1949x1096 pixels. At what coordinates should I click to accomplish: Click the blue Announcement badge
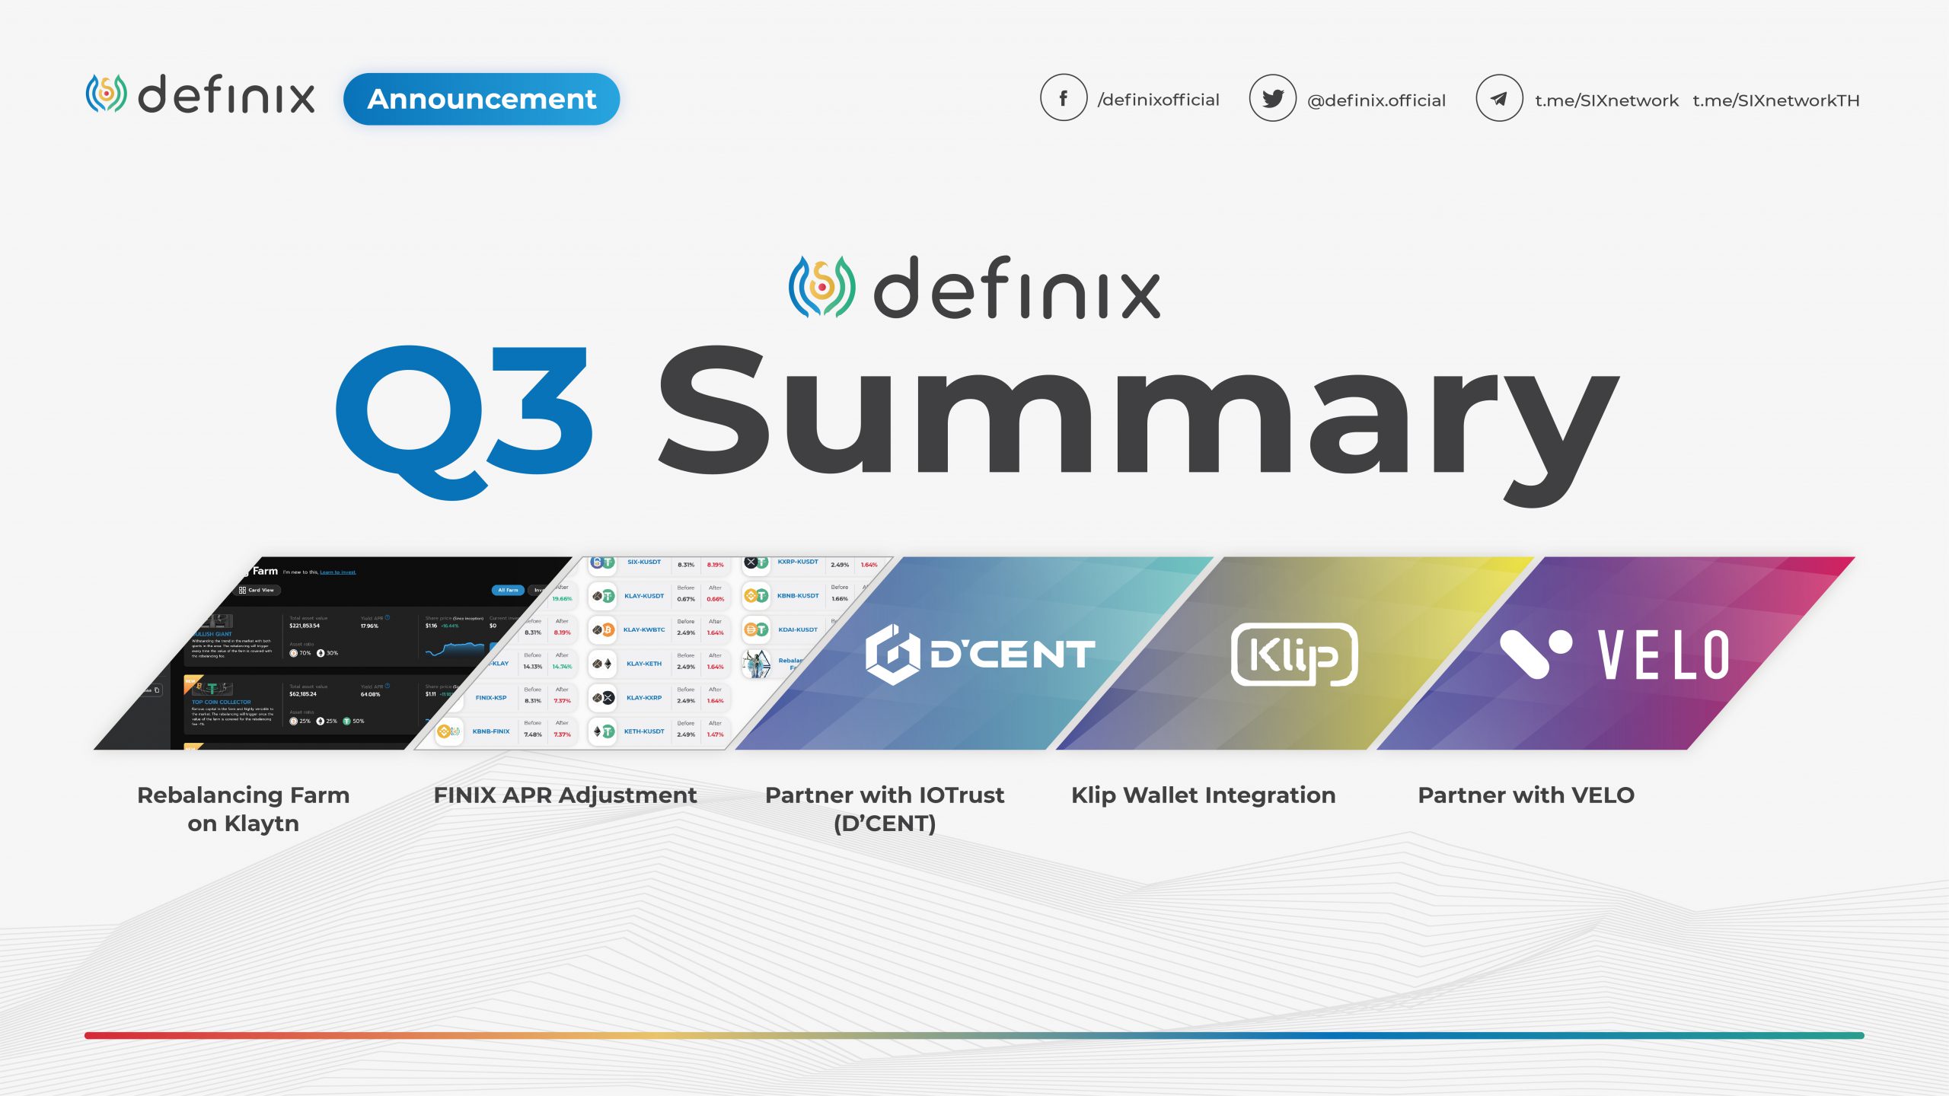pos(481,99)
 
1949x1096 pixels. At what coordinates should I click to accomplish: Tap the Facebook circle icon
pos(1063,98)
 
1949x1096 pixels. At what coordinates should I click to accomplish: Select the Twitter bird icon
pos(1272,98)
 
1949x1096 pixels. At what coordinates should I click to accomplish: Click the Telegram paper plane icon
pos(1498,99)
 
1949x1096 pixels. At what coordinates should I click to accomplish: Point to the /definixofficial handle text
pos(1158,100)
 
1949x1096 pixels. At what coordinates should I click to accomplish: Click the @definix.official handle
pos(1376,100)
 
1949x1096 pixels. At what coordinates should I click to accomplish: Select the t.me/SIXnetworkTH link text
pos(1775,100)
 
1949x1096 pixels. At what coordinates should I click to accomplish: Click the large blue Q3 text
pos(464,419)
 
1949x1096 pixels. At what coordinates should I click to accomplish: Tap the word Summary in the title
pos(1137,419)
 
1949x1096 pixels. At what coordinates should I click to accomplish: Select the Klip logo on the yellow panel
pos(1293,655)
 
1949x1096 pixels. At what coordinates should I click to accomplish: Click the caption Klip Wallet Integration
pos(1203,795)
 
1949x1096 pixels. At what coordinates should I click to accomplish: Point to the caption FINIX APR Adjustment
pos(565,795)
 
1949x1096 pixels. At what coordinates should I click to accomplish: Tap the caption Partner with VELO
pos(1526,795)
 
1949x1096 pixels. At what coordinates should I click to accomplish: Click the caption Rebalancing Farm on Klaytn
pos(243,809)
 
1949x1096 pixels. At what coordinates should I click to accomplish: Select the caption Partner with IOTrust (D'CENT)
pos(884,809)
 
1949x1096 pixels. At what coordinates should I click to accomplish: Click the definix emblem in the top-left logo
pos(106,94)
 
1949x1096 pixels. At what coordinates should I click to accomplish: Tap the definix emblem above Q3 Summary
pos(821,286)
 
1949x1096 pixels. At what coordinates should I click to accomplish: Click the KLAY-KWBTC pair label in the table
pos(644,630)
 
